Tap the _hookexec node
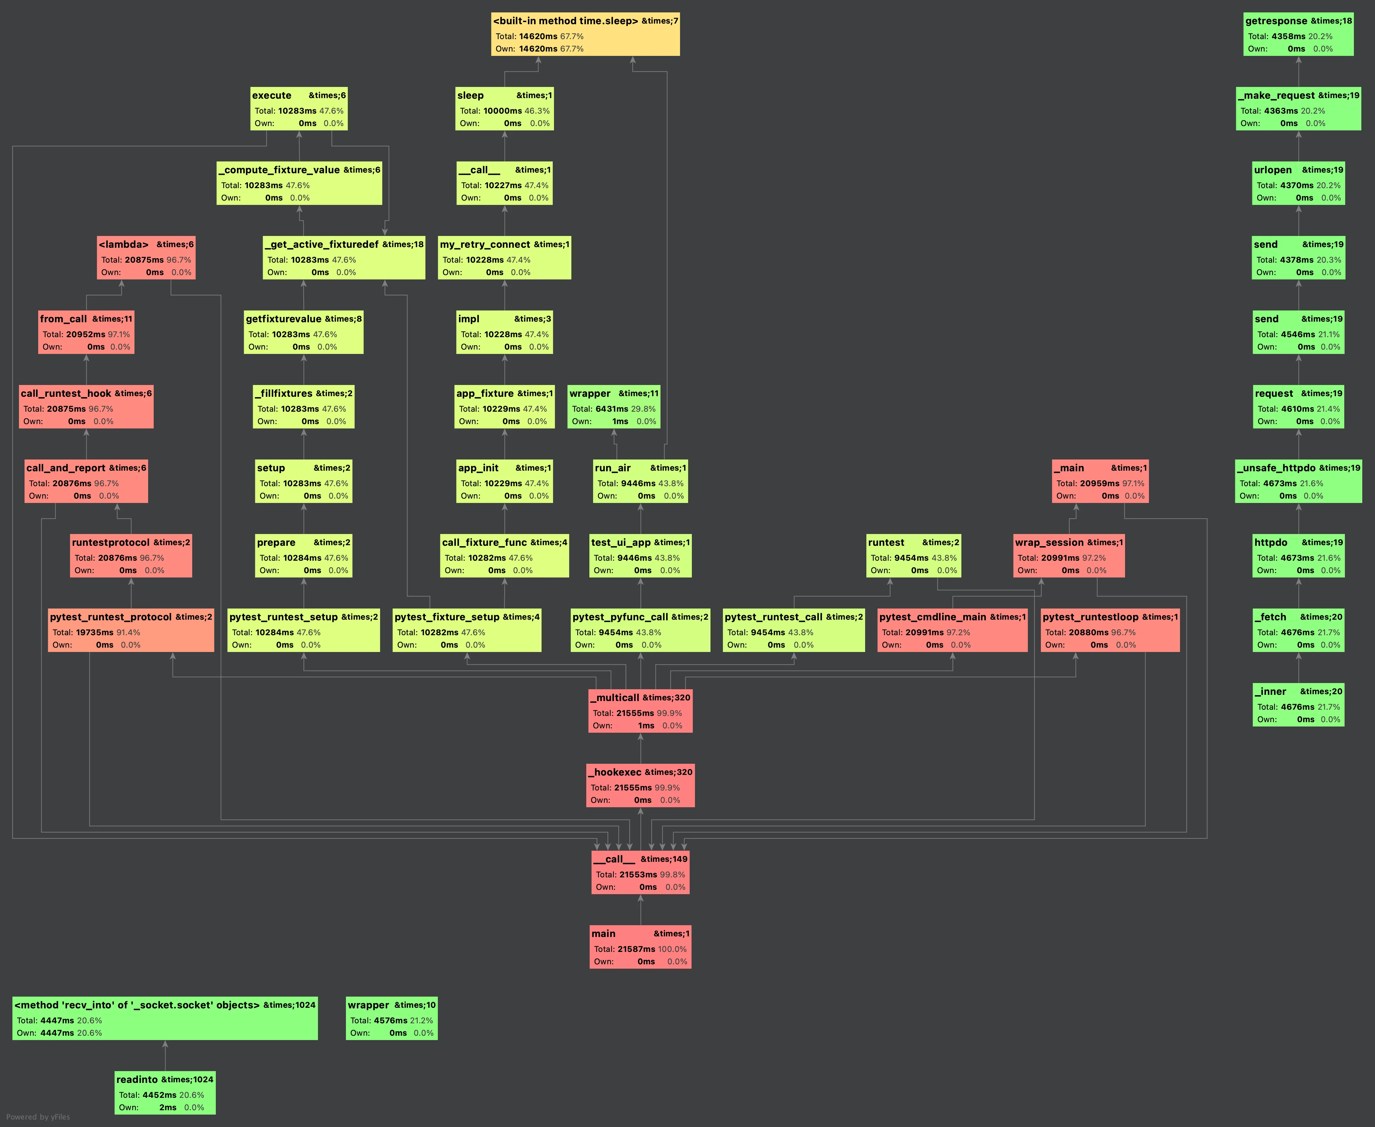click(640, 785)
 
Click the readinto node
click(165, 1093)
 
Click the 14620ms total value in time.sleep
click(538, 36)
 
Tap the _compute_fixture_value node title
click(279, 170)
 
